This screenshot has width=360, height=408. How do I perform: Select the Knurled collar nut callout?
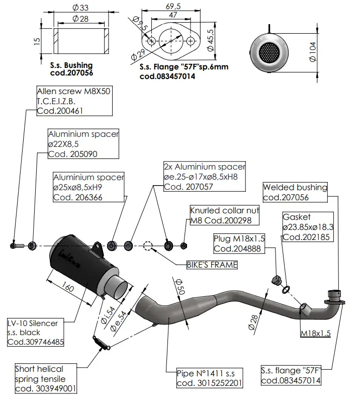224,215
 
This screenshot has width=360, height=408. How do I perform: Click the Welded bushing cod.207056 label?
295,193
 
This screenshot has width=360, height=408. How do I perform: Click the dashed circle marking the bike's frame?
148,246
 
